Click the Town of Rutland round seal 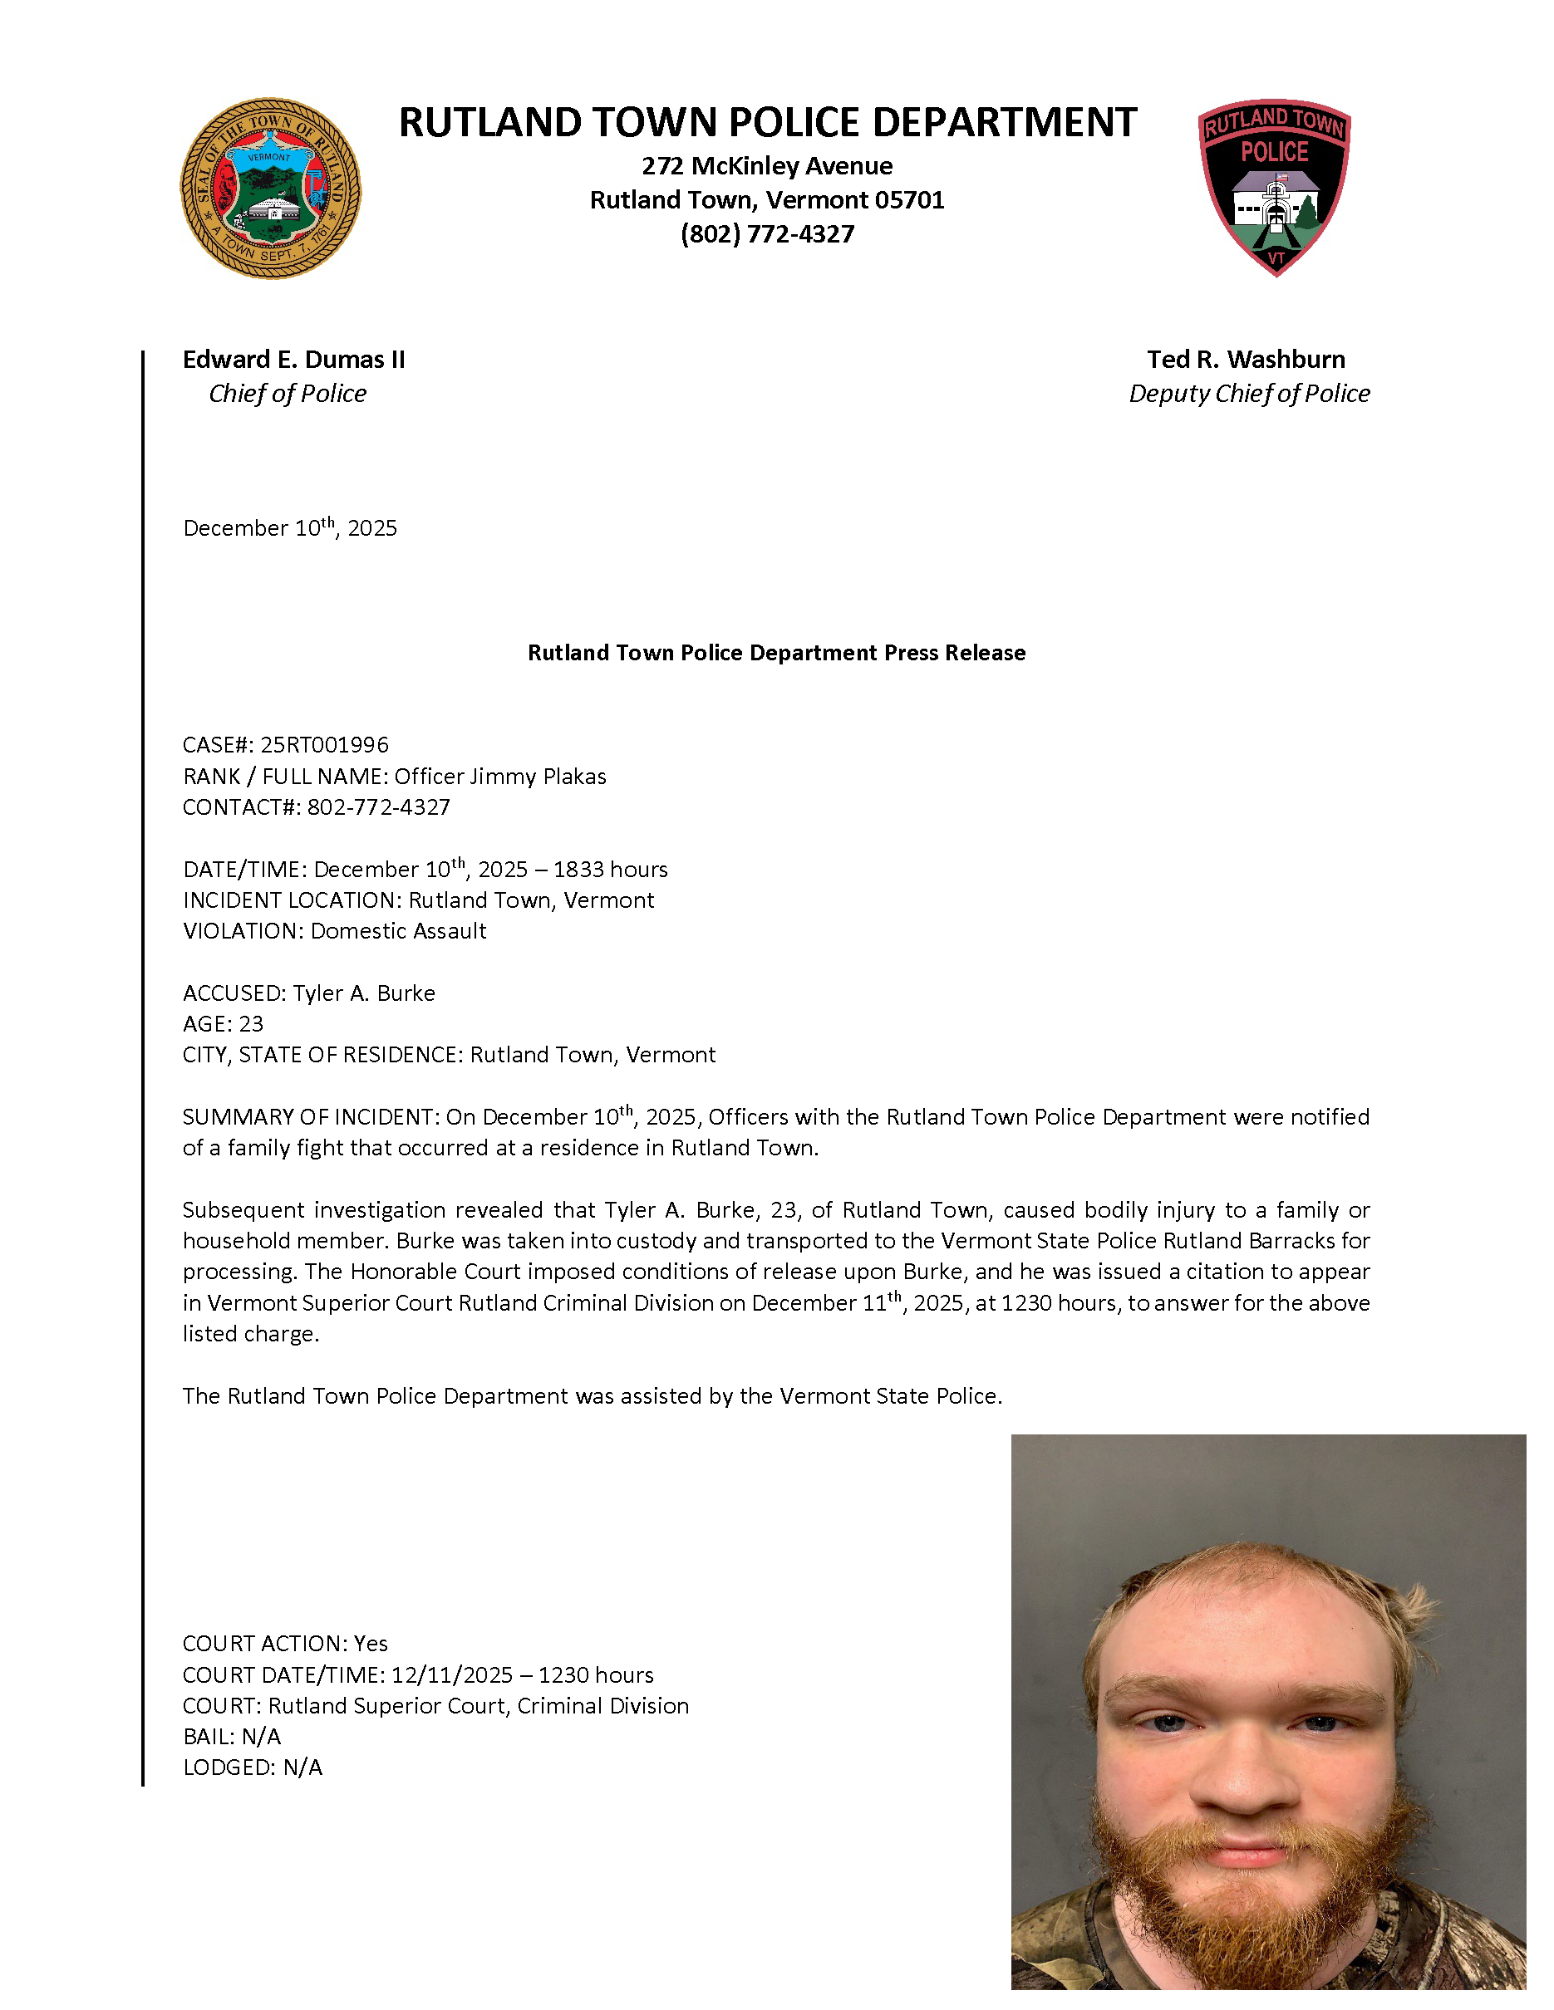pos(270,189)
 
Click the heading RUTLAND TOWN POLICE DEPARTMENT pos(767,122)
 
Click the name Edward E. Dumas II pos(293,360)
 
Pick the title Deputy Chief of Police pos(1248,394)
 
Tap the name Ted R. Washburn pos(1246,360)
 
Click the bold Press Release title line pos(776,653)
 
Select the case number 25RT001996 pos(324,744)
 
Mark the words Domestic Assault pos(398,931)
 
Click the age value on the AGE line pos(250,1024)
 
